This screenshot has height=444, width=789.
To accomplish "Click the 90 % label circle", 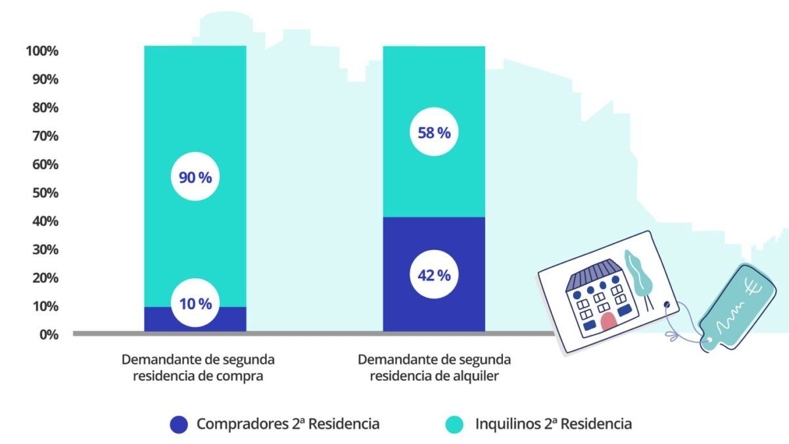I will coord(195,177).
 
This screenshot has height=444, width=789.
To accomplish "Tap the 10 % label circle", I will coord(195,304).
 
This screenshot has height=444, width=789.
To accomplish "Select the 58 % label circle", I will coord(434,133).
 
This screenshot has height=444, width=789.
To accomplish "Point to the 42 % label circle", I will coord(434,275).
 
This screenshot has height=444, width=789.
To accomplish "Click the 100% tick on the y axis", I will coord(42,51).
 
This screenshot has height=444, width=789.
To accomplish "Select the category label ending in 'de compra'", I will coord(198,368).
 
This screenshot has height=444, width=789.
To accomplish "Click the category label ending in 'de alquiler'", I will coord(434,368).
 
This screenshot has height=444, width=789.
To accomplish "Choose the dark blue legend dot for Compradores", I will coord(179,424).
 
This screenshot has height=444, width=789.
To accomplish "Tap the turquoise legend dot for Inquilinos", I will coord(454,424).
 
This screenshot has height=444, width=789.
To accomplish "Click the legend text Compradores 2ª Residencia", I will coord(288,424).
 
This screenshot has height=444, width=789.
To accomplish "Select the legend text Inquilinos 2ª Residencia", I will coord(554,424).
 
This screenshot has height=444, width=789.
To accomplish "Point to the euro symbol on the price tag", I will coord(751,287).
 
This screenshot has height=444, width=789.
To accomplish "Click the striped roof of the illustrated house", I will coord(594,274).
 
